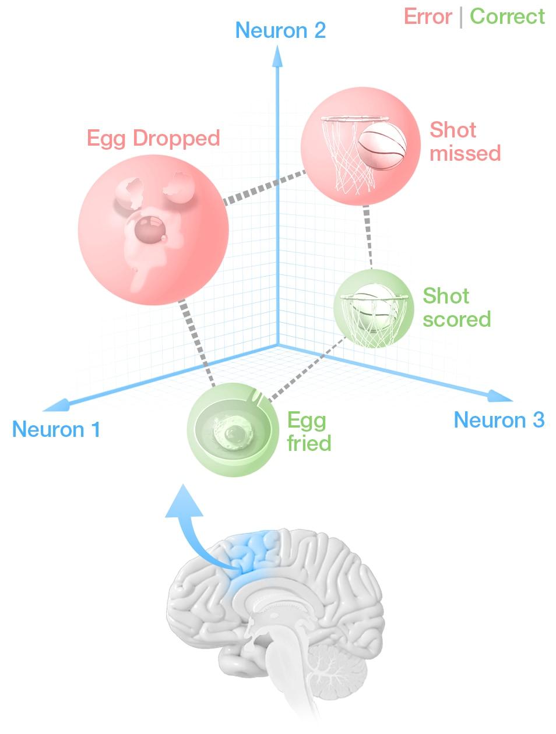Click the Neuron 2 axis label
pos(280,30)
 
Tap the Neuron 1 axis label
pos(56,430)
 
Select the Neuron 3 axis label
pos(499,420)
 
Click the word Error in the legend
pos(427,16)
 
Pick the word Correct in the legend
pos(507,16)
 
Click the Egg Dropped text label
pos(153,139)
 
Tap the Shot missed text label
pos(465,141)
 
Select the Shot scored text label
pos(456,308)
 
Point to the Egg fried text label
pos(309,432)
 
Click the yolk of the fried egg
pos(235,434)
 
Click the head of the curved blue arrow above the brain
pos(184,502)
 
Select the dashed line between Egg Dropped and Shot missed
pos(263,187)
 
